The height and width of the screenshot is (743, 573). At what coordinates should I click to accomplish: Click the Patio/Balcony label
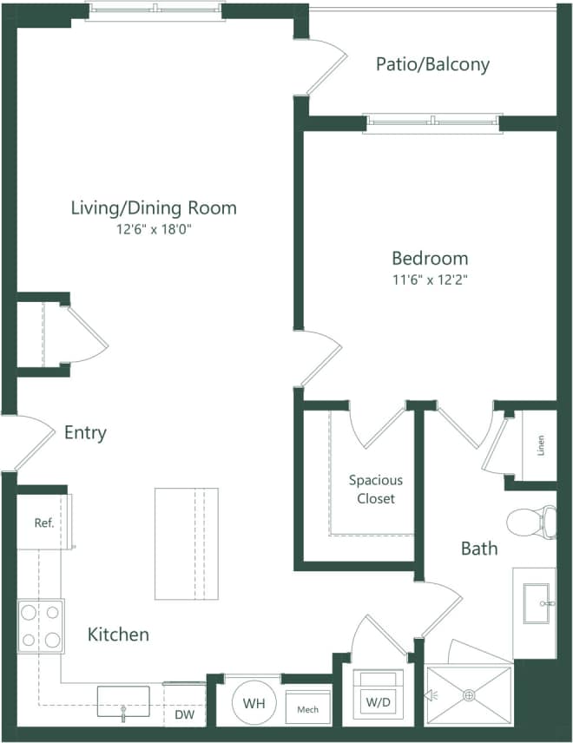pyautogui.click(x=432, y=64)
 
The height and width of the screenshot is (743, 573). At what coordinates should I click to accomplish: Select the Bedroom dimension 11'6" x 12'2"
pyautogui.click(x=430, y=280)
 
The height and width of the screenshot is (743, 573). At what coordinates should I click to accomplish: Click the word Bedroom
pyautogui.click(x=430, y=258)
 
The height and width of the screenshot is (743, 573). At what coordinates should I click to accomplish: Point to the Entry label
pyautogui.click(x=85, y=433)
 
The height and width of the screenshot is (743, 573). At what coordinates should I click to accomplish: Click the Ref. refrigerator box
pyautogui.click(x=43, y=523)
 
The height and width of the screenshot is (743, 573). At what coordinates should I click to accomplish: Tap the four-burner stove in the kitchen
pyautogui.click(x=41, y=627)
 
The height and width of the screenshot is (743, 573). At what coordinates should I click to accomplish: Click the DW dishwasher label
pyautogui.click(x=185, y=715)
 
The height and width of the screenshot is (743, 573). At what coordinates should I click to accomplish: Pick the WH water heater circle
pyautogui.click(x=254, y=702)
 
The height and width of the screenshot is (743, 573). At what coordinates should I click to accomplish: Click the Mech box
pyautogui.click(x=307, y=709)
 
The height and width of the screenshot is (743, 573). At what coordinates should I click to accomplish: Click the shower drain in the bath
pyautogui.click(x=469, y=694)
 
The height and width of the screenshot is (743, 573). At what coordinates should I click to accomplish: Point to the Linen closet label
pyautogui.click(x=541, y=446)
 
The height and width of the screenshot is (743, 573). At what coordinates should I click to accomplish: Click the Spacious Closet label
pyautogui.click(x=375, y=490)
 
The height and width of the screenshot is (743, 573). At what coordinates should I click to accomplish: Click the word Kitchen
pyautogui.click(x=118, y=635)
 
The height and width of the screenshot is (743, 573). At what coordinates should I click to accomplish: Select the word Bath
pyautogui.click(x=479, y=549)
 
